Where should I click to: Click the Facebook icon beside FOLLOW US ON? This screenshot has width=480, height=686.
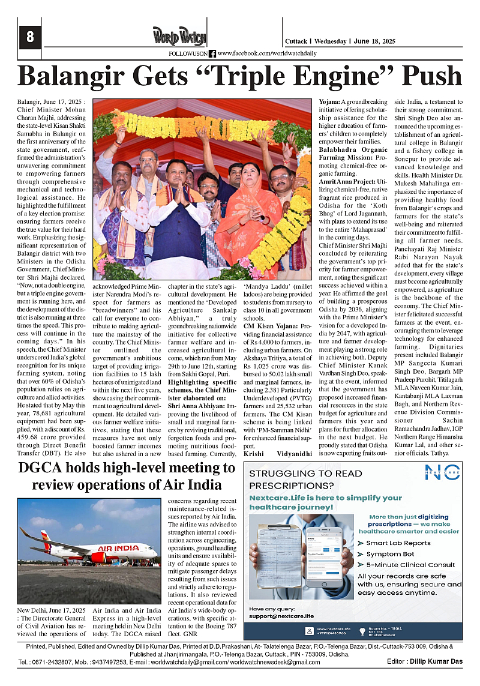click(x=212, y=53)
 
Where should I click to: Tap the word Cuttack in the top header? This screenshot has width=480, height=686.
click(x=296, y=41)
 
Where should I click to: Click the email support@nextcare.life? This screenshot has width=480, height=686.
click(x=281, y=616)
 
